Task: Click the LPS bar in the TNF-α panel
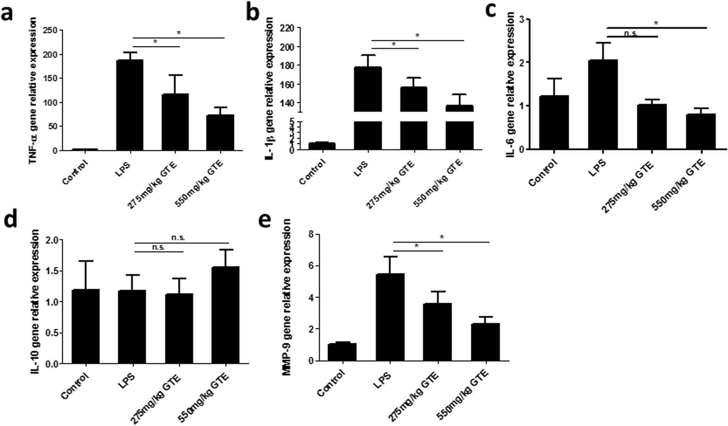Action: pos(130,105)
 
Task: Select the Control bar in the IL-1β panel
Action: pos(322,146)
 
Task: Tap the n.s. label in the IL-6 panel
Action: pos(631,34)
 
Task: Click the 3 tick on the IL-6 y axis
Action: pos(522,19)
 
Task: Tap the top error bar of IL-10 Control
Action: pos(85,261)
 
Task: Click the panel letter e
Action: pos(266,222)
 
